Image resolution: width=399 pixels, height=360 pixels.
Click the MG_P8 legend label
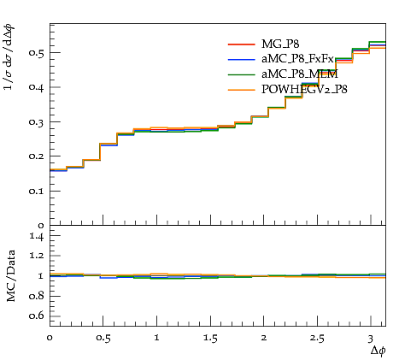click(280, 44)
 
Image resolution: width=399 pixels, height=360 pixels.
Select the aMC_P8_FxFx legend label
click(297, 59)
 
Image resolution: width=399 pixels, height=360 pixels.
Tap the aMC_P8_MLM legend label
click(300, 74)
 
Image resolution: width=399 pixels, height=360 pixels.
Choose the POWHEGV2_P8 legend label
click(304, 90)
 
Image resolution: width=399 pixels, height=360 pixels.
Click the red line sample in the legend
click(241, 44)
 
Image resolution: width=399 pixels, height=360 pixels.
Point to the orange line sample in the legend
click(241, 90)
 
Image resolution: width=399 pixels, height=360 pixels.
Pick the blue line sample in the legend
click(241, 60)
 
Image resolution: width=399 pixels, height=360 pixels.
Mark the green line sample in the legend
click(241, 74)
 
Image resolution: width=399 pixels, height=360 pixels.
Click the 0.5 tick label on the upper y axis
click(37, 53)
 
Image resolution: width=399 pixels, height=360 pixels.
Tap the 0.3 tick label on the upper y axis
click(37, 122)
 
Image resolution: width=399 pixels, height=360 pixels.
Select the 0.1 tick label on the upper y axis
click(37, 191)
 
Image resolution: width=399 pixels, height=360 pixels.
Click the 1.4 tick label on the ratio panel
click(37, 236)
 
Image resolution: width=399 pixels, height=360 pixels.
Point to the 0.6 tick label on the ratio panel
click(37, 316)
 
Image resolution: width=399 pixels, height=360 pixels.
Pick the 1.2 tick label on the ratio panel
click(37, 256)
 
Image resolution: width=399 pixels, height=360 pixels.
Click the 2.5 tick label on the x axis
click(317, 339)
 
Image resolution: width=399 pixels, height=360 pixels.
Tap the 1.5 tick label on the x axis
click(210, 339)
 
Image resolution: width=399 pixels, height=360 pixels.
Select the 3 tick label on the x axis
click(370, 339)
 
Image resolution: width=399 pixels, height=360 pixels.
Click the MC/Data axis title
click(11, 276)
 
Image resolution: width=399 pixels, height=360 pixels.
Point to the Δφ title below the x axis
click(378, 351)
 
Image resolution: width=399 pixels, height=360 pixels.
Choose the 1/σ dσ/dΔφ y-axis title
click(9, 57)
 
